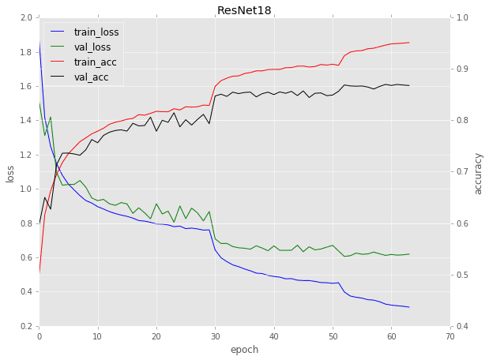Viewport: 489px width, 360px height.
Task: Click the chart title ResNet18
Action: coord(244,9)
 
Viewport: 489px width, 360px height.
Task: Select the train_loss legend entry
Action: coord(96,32)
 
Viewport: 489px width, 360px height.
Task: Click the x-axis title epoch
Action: coord(244,349)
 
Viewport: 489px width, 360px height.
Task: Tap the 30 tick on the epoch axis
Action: coord(215,336)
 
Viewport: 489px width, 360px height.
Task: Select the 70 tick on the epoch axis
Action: coord(450,336)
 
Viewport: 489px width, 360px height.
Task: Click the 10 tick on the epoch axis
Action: coord(98,336)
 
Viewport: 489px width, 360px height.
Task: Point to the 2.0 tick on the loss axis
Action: coord(27,17)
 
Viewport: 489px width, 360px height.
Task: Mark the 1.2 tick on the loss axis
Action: coord(27,155)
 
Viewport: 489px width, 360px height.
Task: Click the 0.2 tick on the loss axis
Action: coord(27,326)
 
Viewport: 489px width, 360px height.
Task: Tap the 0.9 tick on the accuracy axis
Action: coord(462,69)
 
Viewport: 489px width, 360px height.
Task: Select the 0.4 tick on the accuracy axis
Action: coord(462,326)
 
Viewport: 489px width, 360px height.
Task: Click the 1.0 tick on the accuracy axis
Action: coord(462,17)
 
